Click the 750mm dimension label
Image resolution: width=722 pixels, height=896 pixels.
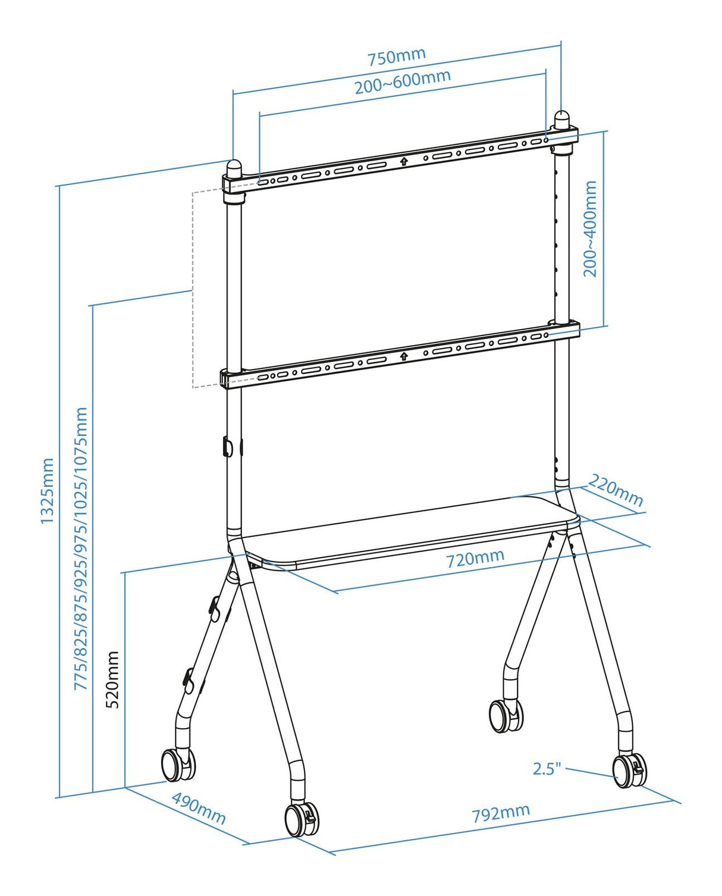(x=396, y=57)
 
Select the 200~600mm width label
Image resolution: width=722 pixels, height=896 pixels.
(x=403, y=82)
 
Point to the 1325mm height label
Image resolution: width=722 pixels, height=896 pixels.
(x=47, y=491)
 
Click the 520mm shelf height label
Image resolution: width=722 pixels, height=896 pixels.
(x=112, y=679)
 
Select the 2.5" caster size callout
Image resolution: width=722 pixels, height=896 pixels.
(x=547, y=769)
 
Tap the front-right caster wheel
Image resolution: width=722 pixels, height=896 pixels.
(x=629, y=771)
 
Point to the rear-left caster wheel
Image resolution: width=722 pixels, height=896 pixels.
(x=177, y=764)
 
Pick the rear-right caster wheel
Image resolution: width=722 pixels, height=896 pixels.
(x=506, y=715)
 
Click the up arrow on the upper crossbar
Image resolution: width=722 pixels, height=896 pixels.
(x=404, y=161)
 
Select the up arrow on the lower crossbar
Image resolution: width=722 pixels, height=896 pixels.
(x=404, y=356)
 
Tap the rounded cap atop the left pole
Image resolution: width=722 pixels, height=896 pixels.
(x=234, y=168)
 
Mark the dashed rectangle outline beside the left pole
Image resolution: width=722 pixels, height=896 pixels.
(x=193, y=290)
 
